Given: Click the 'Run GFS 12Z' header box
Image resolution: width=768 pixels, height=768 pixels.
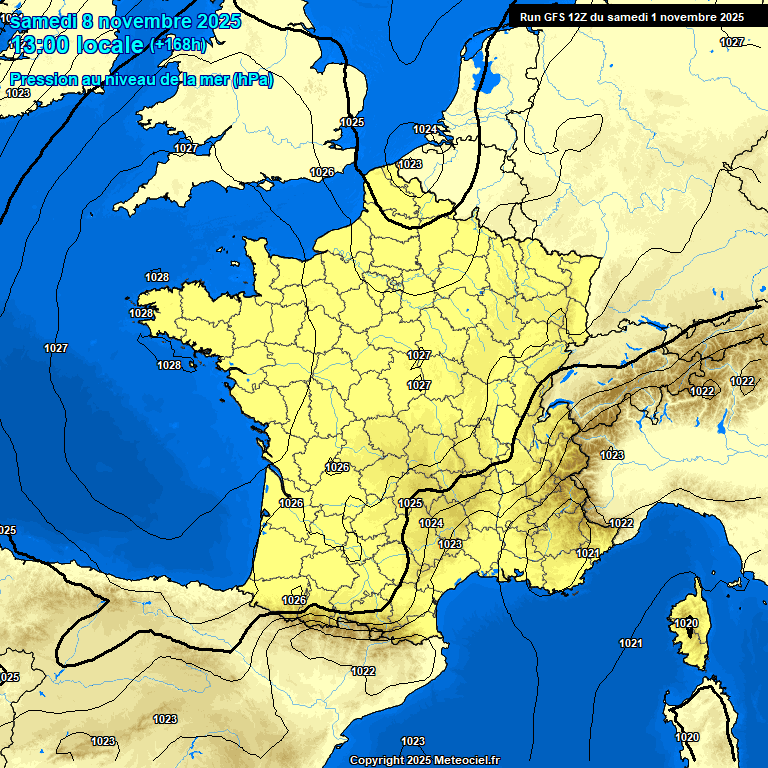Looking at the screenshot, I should pyautogui.click(x=631, y=17).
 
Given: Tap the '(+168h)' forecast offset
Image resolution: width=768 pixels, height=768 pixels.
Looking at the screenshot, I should pyautogui.click(x=179, y=45).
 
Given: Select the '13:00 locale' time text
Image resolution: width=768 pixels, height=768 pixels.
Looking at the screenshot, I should pyautogui.click(x=76, y=45).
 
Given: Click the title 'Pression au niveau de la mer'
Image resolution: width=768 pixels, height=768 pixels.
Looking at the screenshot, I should pyautogui.click(x=140, y=80).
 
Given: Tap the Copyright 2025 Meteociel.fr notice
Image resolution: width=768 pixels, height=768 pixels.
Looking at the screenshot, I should pyautogui.click(x=424, y=760).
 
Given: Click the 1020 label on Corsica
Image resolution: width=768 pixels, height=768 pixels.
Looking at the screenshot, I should pyautogui.click(x=685, y=623).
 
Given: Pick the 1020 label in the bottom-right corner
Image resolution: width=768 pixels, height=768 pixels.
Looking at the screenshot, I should pyautogui.click(x=687, y=737).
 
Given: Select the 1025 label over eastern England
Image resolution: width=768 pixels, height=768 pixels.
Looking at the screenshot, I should pyautogui.click(x=352, y=122).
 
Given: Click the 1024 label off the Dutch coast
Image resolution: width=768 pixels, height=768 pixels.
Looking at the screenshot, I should pyautogui.click(x=425, y=130).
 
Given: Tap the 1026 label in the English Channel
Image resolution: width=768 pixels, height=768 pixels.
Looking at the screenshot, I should pyautogui.click(x=322, y=173).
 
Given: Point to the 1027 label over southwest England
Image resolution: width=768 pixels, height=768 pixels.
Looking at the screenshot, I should pyautogui.click(x=186, y=148).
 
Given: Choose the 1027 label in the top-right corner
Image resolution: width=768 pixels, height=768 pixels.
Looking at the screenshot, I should pyautogui.click(x=732, y=42).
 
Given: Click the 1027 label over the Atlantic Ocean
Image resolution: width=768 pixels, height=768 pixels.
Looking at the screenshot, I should pyautogui.click(x=56, y=348).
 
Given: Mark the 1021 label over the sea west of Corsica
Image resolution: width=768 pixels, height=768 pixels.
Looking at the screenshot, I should pyautogui.click(x=630, y=643).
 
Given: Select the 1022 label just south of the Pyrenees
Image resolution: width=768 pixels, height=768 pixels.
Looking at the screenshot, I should pyautogui.click(x=363, y=671).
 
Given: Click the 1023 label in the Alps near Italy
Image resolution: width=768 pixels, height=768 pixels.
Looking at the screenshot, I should pyautogui.click(x=612, y=455).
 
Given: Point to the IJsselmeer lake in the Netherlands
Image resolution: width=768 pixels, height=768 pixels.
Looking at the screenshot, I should pyautogui.click(x=489, y=78).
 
